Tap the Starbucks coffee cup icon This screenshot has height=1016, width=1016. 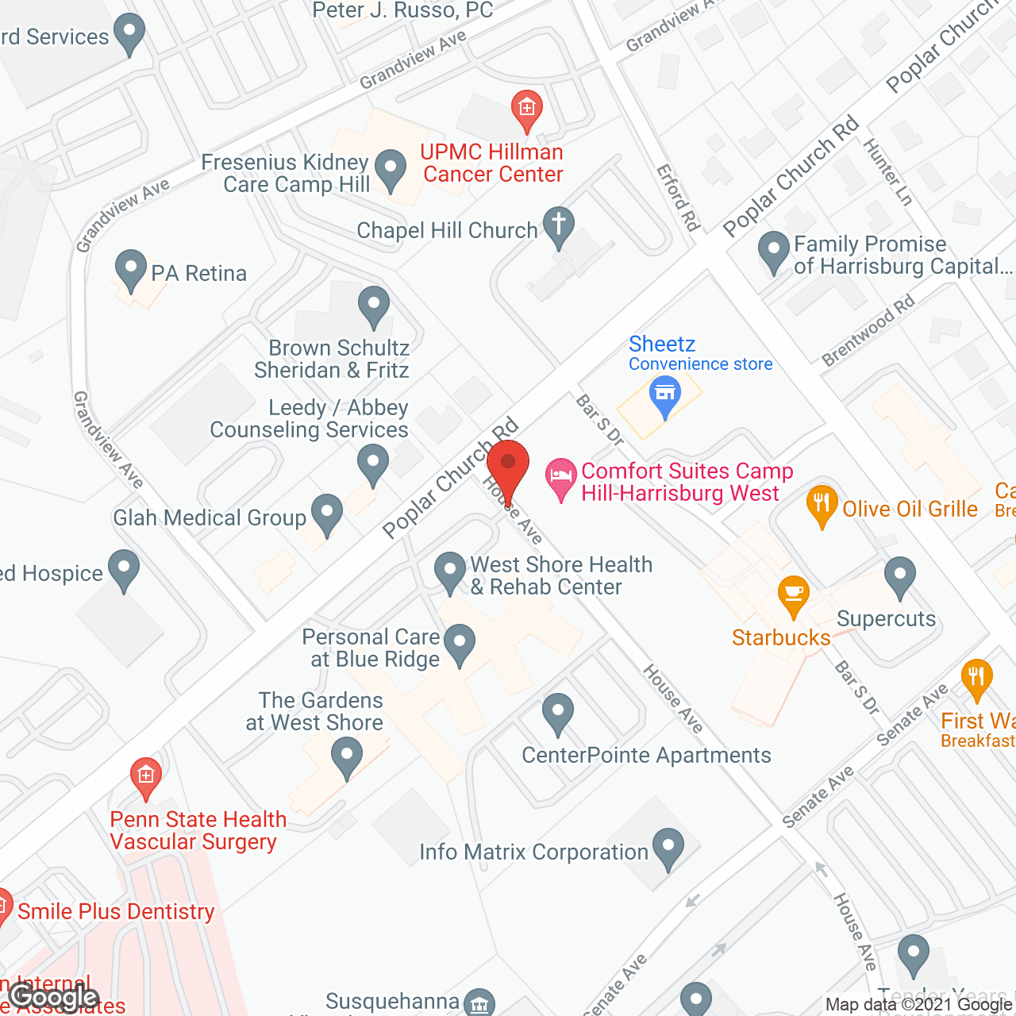tap(793, 595)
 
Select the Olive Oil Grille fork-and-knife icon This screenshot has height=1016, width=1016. tap(822, 504)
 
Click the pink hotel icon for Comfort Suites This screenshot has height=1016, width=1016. tap(561, 478)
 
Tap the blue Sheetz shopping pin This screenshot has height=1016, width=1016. tap(665, 395)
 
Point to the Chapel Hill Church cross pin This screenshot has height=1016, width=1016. tap(558, 225)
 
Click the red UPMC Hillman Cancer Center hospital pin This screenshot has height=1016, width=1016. tap(526, 109)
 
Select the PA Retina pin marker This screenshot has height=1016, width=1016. tap(130, 270)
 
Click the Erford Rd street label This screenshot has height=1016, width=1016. tap(678, 198)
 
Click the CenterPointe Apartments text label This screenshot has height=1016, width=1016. tap(646, 755)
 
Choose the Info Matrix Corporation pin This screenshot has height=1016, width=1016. tap(668, 848)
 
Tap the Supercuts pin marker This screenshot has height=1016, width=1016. tap(900, 576)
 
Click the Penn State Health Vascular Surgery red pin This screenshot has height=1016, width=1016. tap(145, 775)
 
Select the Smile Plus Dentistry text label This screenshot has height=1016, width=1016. tap(116, 911)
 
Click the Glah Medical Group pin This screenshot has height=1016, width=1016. tap(326, 514)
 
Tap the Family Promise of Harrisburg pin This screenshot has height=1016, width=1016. tap(774, 250)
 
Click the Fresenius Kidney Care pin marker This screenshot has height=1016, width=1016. tap(390, 169)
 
